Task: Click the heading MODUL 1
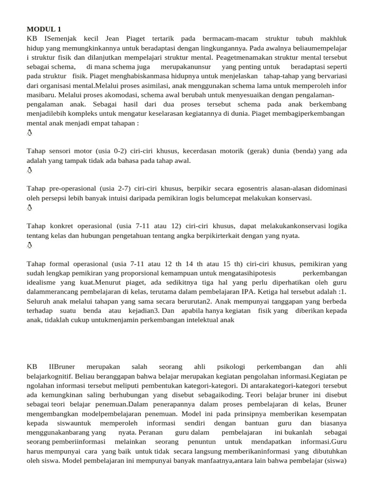44,29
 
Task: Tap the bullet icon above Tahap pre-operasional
30,170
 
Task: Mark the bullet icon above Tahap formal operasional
30,245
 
